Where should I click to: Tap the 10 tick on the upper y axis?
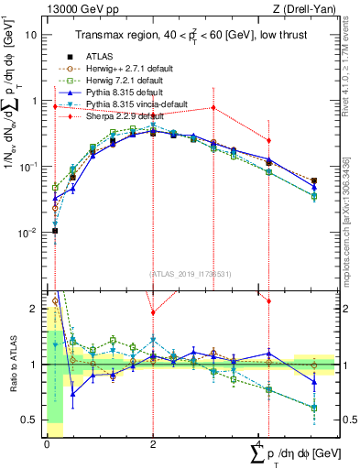click(x=34, y=35)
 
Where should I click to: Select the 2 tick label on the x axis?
click(x=153, y=443)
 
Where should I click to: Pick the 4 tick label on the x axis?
click(x=259, y=443)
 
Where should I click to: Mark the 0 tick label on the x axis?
click(x=47, y=443)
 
